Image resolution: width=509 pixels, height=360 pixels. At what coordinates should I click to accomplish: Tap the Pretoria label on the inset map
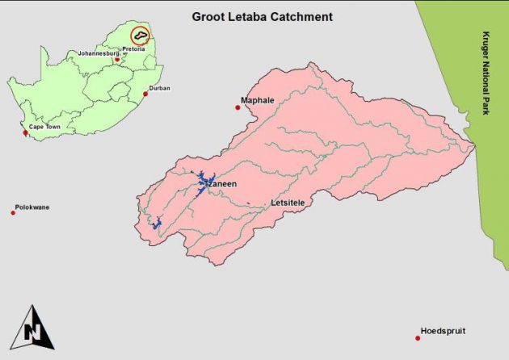[x=133, y=49]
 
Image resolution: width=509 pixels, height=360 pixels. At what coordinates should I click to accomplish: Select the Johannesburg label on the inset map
[x=98, y=53]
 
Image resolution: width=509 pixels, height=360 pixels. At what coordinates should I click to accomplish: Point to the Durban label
[x=159, y=88]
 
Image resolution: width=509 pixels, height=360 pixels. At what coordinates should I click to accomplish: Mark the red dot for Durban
[x=145, y=94]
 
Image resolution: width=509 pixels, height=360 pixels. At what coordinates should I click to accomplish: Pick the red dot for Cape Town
[x=25, y=132]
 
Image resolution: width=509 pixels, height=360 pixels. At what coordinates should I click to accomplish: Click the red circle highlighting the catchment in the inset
[x=141, y=36]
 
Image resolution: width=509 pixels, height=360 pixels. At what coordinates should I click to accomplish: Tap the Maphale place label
[x=258, y=102]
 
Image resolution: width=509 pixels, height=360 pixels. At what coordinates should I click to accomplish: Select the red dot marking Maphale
[x=238, y=107]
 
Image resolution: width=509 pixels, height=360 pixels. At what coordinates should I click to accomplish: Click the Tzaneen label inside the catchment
[x=221, y=184]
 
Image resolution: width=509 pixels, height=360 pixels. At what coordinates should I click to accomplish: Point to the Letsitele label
[x=289, y=202]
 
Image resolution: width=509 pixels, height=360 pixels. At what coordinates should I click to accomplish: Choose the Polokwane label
[x=32, y=207]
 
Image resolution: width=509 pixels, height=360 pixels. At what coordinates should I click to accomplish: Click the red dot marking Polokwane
[x=13, y=212]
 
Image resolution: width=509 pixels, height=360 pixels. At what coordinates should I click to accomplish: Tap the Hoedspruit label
[x=443, y=331]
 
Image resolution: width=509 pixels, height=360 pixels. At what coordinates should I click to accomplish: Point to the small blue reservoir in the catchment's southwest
[x=158, y=222]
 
